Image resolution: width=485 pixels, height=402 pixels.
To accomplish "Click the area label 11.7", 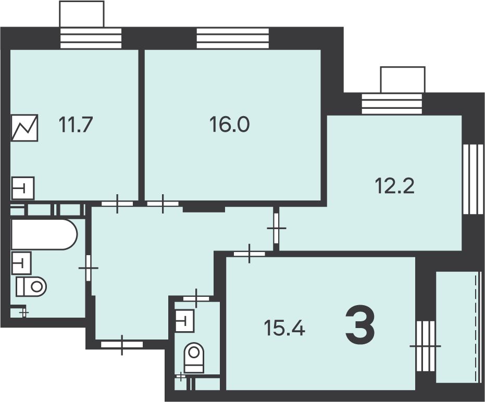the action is point(76,124).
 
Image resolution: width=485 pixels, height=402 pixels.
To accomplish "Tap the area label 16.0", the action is point(230,124).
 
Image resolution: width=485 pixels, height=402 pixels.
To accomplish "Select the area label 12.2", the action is point(395,186).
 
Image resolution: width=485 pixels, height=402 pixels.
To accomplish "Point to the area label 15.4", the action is point(284,328).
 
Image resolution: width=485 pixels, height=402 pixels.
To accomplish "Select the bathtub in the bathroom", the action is point(44,234).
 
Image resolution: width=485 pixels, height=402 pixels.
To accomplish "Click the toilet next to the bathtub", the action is point(31,286).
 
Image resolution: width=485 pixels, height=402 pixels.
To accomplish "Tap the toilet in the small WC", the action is point(194,358).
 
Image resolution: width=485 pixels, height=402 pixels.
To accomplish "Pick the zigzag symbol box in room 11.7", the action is point(25,128).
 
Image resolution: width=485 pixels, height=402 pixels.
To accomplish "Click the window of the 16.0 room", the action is point(232,39).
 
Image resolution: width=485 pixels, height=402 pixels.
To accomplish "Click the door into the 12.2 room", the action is point(277,228).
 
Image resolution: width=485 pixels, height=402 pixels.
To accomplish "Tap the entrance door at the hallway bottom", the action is point(122,345).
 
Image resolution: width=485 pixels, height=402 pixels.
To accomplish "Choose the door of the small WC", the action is point(196,298).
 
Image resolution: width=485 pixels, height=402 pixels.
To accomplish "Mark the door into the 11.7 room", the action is point(117,204).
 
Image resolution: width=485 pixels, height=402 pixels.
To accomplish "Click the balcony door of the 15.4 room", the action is point(425,346).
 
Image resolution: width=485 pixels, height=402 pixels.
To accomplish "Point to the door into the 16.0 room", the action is point(163,204).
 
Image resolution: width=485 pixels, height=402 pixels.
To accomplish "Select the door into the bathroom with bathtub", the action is point(89,268).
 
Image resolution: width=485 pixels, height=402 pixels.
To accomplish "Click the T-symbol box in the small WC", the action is point(184,321).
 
